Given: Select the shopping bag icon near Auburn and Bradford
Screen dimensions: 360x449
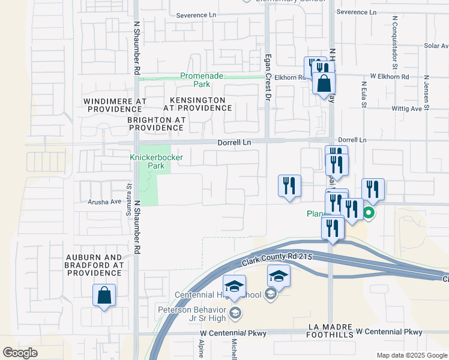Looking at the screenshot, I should coord(104,295).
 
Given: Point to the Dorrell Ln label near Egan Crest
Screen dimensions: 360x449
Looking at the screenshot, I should coord(234,142).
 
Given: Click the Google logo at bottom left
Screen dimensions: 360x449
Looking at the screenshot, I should coord(20,353).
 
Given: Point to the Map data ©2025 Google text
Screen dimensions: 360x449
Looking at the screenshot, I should coord(411,355).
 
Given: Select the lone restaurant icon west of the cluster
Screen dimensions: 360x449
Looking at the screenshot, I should coord(289,185).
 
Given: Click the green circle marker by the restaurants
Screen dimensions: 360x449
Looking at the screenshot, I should coord(369,212).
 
